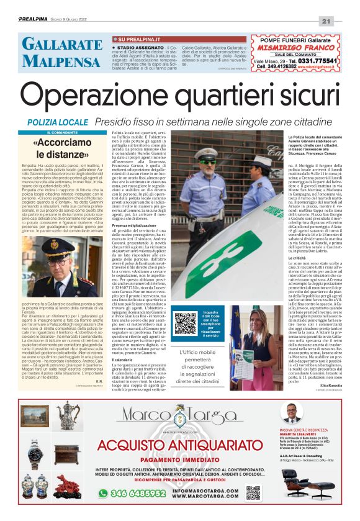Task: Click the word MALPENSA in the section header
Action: pyautogui.click(x=53, y=61)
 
